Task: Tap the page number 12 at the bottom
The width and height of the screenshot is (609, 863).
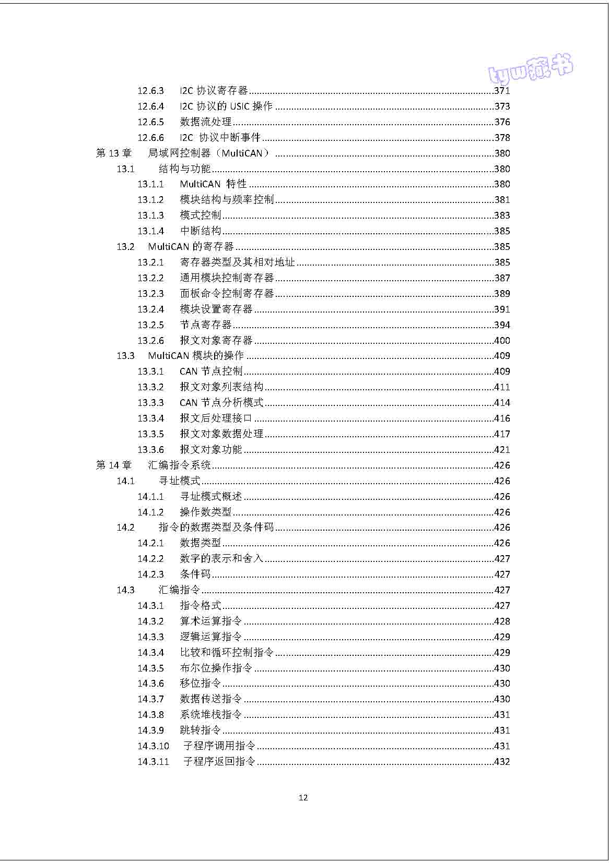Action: pos(303,797)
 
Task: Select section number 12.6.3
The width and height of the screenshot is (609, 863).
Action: pos(150,91)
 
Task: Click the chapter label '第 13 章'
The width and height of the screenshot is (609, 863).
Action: pos(114,153)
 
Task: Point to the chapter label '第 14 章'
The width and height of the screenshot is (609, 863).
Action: pos(114,465)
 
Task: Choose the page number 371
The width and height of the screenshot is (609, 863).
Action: pos(502,91)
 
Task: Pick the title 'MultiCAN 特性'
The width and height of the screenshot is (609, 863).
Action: pos(213,184)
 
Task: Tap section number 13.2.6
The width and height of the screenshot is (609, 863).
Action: pos(150,341)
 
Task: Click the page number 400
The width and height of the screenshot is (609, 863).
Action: pos(502,341)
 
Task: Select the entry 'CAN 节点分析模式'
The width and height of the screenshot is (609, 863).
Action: pos(221,403)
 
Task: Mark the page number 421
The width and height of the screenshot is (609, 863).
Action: pos(502,450)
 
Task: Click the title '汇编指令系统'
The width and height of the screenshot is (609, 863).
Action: pos(179,465)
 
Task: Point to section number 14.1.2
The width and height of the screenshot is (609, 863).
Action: pos(150,512)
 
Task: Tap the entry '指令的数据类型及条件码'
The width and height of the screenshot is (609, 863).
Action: pos(216,528)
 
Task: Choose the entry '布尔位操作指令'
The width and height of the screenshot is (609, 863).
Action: pos(216,668)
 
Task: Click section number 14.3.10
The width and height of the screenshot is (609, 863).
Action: pos(153,746)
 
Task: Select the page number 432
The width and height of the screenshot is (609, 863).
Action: pos(502,762)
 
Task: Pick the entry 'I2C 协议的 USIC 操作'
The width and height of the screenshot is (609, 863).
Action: pos(226,106)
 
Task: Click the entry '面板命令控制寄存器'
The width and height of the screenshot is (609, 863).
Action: pos(227,294)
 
